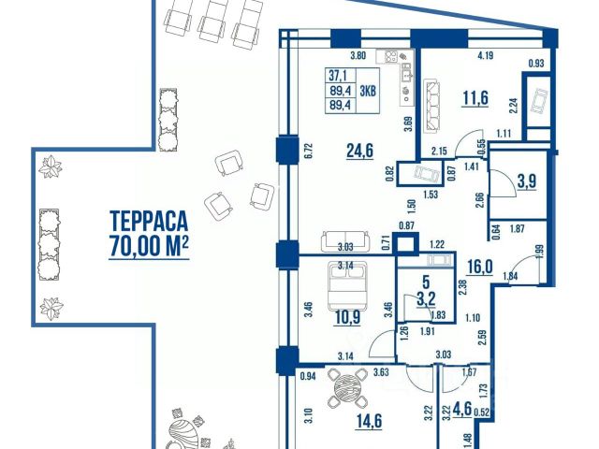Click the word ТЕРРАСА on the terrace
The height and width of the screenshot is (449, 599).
(149, 221)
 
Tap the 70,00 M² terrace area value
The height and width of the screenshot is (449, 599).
(149, 245)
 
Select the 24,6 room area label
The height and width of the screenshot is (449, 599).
(359, 151)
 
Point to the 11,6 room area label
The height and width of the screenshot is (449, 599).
(475, 97)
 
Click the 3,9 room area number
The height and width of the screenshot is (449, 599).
(527, 181)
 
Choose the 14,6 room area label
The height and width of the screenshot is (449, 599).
(369, 421)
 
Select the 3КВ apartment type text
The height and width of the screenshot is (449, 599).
(368, 91)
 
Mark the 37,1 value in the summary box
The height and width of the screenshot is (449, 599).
(338, 76)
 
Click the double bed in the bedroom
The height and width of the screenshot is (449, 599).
(347, 285)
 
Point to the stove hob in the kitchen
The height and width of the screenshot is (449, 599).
(390, 57)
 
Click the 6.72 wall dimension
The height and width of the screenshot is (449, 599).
(309, 152)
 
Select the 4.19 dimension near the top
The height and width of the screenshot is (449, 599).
(486, 56)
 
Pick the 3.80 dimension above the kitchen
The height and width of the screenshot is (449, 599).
(358, 56)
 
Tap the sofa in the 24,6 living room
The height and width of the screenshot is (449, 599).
(345, 241)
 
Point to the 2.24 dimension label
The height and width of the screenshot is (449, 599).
(514, 106)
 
